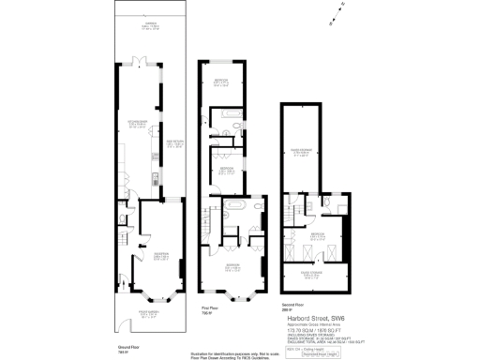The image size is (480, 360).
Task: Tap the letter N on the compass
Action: point(342,6)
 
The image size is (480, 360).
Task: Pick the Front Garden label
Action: point(149,315)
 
